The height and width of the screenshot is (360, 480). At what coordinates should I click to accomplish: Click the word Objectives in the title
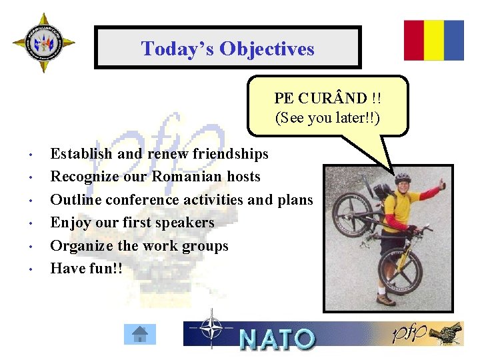coord(267,49)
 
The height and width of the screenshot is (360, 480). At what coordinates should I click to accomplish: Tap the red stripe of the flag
coord(414,40)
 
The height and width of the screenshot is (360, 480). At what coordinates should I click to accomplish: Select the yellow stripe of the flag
coord(434,40)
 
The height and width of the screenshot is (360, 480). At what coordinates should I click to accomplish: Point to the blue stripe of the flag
coord(454,40)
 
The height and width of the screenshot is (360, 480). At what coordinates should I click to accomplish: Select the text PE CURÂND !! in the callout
coord(327,98)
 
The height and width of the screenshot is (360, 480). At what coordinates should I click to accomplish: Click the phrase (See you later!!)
coord(327,118)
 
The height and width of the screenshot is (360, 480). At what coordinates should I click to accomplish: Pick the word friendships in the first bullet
coord(230,154)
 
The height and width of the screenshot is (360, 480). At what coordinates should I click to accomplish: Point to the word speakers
coord(183,222)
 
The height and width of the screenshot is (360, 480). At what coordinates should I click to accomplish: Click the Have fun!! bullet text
coord(83,268)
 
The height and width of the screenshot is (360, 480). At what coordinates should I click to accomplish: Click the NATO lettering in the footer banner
coord(277,339)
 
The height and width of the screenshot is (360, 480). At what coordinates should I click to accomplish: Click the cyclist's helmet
coord(403,178)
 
